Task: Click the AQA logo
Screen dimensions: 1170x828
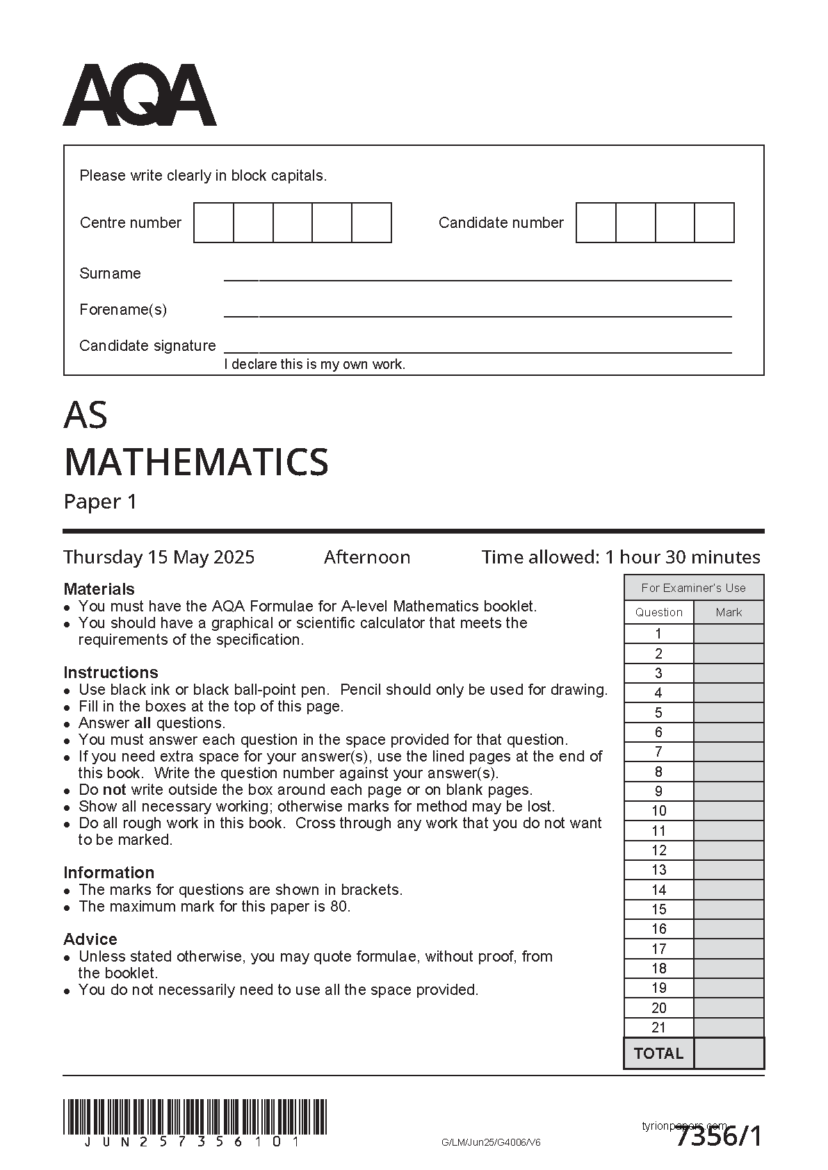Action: tap(140, 95)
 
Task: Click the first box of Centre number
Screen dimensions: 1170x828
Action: tap(213, 222)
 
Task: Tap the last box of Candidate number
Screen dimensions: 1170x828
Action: tap(714, 222)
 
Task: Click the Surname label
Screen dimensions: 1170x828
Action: tap(110, 273)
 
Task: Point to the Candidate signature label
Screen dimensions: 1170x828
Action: tap(147, 345)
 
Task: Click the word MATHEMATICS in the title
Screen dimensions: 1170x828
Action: tap(196, 462)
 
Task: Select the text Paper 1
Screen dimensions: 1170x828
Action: tap(100, 502)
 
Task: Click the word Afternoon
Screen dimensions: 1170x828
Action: tap(367, 557)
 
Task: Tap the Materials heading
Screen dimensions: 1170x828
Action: tap(99, 589)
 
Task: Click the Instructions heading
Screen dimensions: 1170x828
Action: tap(111, 673)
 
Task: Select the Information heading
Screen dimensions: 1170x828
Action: tap(108, 873)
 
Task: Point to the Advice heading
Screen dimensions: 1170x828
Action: tap(90, 939)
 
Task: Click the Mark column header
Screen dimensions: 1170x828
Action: tap(729, 612)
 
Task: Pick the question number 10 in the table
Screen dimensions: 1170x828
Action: tap(659, 811)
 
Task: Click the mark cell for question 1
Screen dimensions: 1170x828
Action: tap(729, 634)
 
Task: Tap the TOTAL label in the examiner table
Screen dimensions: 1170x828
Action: tap(659, 1053)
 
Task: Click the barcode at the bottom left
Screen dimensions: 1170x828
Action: tap(195, 1117)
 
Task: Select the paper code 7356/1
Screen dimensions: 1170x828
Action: tap(719, 1137)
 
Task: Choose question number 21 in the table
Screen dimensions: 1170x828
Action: tap(659, 1028)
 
